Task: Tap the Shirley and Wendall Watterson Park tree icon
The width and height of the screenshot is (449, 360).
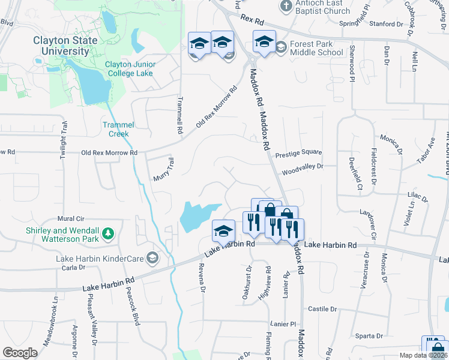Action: coord(108,233)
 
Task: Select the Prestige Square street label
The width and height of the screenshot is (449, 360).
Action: coord(298,154)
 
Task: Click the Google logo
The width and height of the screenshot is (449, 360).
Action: coord(20,353)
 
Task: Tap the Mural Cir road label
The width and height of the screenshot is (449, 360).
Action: coord(70,219)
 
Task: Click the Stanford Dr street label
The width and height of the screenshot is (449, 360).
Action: coord(387,25)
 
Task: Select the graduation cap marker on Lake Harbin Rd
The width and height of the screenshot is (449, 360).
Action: coord(223,230)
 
